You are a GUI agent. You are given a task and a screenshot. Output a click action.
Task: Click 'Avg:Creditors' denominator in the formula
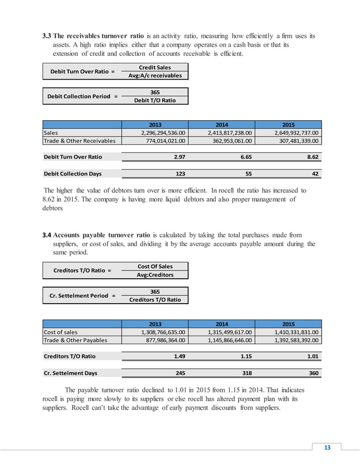pos(155,275)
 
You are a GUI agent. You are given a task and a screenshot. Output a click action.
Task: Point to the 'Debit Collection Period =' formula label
pos(82,96)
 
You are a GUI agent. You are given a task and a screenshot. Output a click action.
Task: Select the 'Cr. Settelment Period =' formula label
pos(82,296)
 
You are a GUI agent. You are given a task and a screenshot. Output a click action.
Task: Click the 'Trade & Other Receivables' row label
pos(80,141)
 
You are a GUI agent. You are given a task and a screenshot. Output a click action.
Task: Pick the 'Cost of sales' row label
pos(61,332)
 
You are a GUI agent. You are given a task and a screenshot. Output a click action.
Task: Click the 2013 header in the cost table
pos(155,324)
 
